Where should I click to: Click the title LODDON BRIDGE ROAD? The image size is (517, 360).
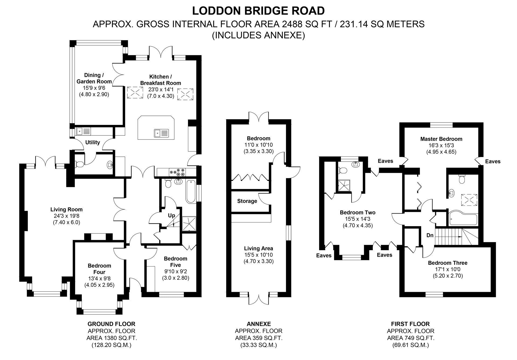tap(258, 11)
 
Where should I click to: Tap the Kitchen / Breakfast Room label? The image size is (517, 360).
tap(160, 80)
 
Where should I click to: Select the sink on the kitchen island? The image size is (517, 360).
tap(161, 133)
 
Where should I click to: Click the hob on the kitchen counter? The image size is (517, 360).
tap(177, 172)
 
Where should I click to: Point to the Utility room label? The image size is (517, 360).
tap(92, 142)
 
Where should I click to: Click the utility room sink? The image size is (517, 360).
tap(84, 131)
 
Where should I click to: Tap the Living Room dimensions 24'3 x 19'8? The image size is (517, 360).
tap(67, 216)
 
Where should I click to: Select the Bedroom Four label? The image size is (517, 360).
tap(99, 269)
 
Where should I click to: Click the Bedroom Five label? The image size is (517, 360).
tap(175, 262)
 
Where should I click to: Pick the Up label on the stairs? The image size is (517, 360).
tap(171, 215)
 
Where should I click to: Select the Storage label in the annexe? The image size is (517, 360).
tap(247, 201)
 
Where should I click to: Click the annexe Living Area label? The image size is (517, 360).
tap(258, 249)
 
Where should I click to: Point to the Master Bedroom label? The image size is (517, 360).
tap(441, 139)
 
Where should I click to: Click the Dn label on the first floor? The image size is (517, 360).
tap(430, 235)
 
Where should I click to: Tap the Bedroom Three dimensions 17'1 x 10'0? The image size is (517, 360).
tap(448, 269)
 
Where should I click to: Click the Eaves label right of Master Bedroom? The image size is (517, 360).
tap(492, 162)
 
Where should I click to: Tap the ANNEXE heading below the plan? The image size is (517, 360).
tap(258, 324)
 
